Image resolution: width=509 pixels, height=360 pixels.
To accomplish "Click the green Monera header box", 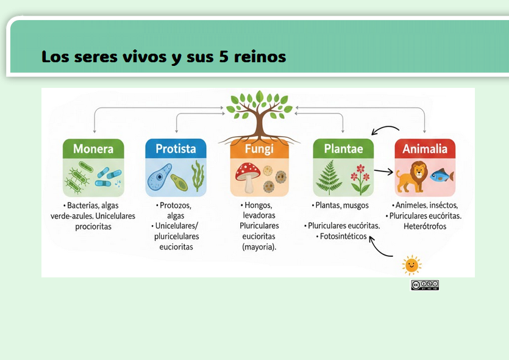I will pyautogui.click(x=93, y=149).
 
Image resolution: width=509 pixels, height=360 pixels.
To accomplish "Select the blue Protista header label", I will pyautogui.click(x=176, y=149).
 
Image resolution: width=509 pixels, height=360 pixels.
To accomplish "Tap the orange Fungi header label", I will pyautogui.click(x=259, y=149).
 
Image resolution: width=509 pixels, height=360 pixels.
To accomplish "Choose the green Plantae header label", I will pyautogui.click(x=343, y=149).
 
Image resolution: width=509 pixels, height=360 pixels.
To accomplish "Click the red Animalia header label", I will pyautogui.click(x=425, y=149).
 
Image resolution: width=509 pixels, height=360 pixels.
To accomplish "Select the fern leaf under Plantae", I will pyautogui.click(x=329, y=178).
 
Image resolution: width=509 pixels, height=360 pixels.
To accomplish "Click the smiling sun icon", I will pyautogui.click(x=412, y=265).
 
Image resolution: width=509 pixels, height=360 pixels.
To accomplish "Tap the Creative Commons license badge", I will pyautogui.click(x=425, y=285).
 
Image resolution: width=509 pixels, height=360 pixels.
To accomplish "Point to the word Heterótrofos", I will pyautogui.click(x=425, y=226).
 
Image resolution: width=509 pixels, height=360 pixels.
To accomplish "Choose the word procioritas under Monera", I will pyautogui.click(x=93, y=226).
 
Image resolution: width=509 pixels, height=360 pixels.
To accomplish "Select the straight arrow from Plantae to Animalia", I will pyautogui.click(x=383, y=172).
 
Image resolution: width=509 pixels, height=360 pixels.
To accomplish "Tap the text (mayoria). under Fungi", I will pyautogui.click(x=259, y=247).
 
